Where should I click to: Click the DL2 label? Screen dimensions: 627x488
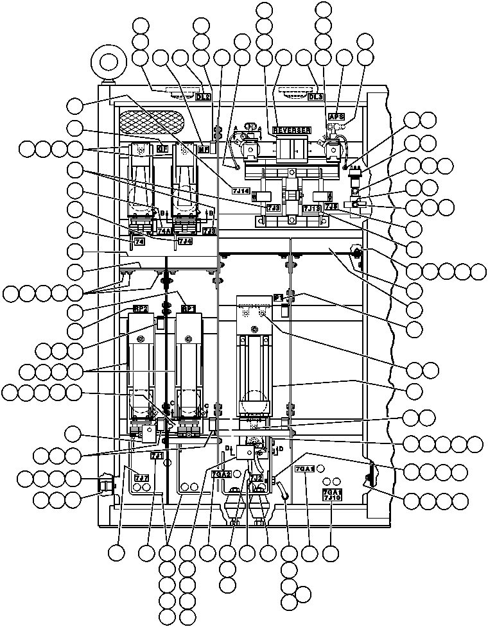coord(203,97)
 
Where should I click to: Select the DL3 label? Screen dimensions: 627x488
coord(316,97)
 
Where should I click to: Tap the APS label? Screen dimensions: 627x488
coord(336,117)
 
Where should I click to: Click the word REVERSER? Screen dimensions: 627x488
coord(292,130)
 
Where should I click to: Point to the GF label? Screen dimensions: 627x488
coord(162,149)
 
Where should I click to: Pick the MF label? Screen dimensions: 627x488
coord(204,149)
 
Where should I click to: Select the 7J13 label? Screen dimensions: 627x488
coord(311,208)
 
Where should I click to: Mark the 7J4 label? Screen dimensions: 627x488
coord(184,241)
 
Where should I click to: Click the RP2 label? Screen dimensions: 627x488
coord(141,309)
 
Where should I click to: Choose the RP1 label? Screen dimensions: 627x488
coord(188,309)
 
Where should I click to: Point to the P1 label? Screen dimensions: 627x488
coord(278,298)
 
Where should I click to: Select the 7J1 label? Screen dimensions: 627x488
coord(157,456)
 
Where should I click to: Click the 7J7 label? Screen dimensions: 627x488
coord(141,478)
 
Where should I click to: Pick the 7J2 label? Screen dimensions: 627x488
coord(256,478)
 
